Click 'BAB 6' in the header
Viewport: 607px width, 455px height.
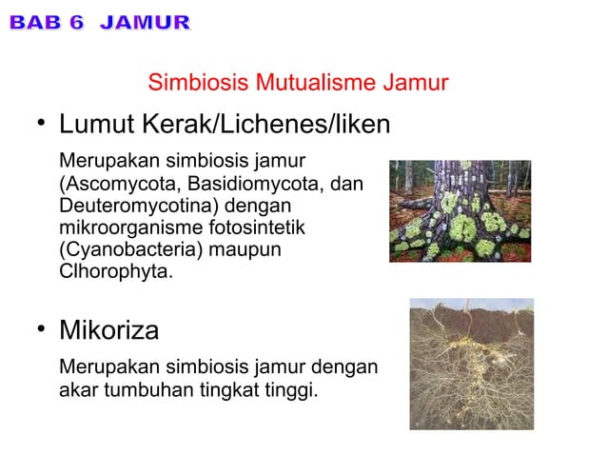coord(49,22)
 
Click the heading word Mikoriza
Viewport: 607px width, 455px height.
coord(108,331)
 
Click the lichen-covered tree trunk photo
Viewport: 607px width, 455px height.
coord(460,210)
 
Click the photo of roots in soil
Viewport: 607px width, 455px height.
coord(471,364)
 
